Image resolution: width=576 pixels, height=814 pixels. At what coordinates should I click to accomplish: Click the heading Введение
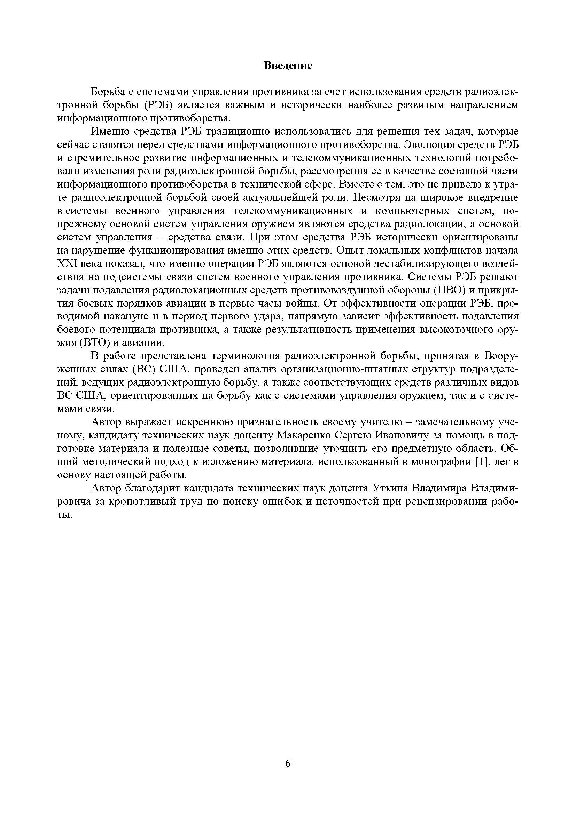288,65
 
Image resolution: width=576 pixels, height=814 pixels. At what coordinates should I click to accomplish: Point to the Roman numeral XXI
66,264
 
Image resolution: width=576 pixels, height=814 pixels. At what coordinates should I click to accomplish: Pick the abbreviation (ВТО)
92,343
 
